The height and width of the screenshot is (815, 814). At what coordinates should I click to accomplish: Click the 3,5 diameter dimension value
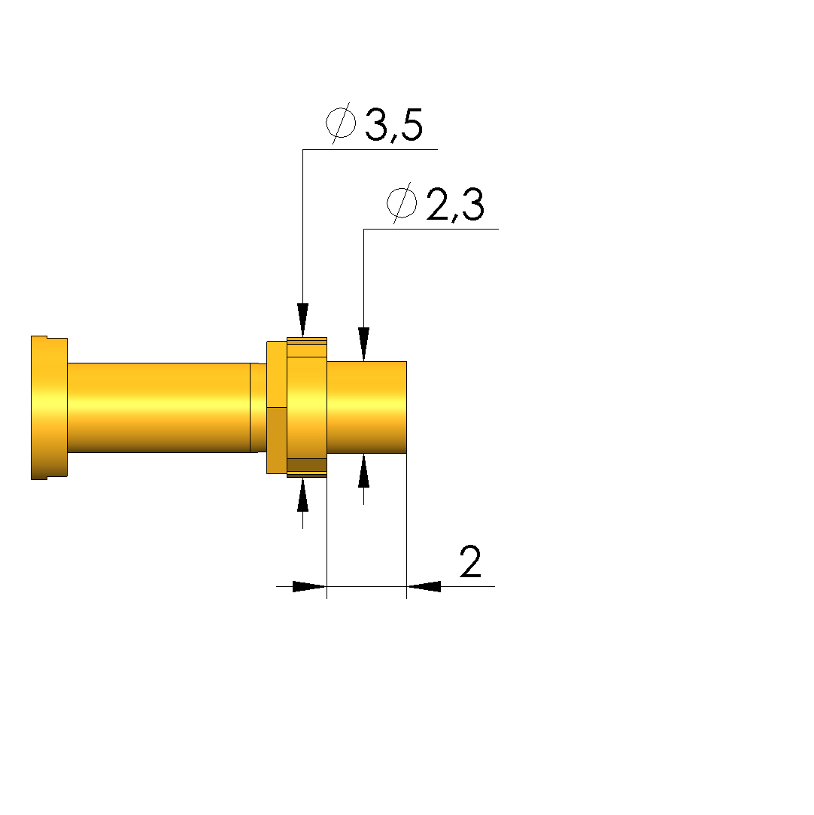pos(394,125)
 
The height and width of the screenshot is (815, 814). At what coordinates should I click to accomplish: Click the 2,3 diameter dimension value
pos(455,205)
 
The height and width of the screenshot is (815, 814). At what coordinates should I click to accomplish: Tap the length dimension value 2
pos(471,562)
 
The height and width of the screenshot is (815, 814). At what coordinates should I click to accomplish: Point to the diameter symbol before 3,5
pos(341,123)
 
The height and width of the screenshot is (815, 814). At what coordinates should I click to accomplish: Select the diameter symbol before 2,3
pos(402,202)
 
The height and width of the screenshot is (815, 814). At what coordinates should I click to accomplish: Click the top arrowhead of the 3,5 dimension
pos(303,320)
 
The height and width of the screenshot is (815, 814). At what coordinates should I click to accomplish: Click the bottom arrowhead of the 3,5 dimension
pos(303,495)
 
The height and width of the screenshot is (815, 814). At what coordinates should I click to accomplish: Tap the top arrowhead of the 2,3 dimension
pos(363,344)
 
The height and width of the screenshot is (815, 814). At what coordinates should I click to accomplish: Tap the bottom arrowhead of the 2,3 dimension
pos(363,470)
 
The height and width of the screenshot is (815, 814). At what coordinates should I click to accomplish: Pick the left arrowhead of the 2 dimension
pos(310,587)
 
